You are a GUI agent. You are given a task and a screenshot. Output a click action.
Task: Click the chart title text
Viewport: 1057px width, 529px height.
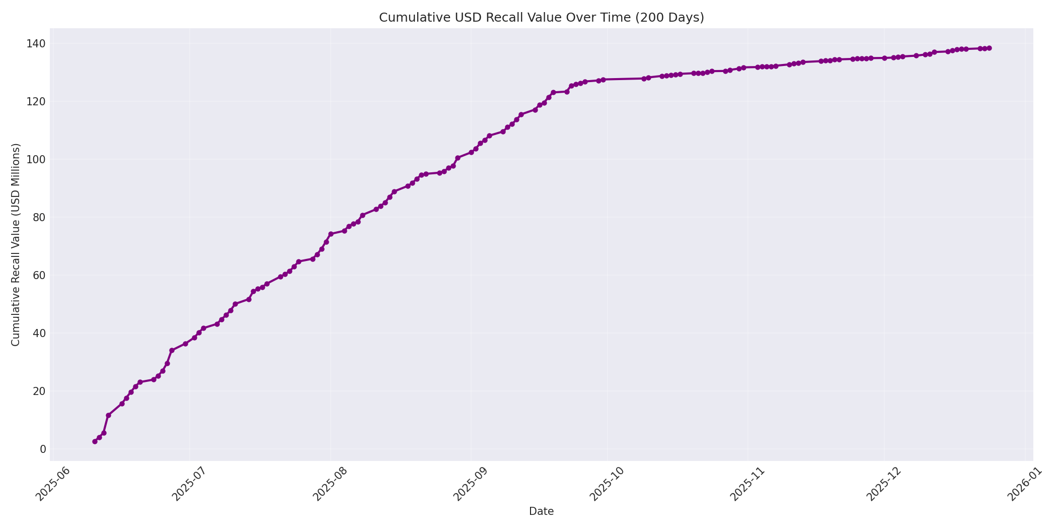(x=541, y=18)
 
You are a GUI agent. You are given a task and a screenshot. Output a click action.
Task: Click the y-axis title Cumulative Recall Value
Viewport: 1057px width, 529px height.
(x=16, y=244)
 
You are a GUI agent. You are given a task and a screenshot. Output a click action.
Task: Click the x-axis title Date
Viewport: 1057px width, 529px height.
(x=541, y=511)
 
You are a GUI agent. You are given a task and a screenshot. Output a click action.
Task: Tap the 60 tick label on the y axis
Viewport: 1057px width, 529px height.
(x=39, y=275)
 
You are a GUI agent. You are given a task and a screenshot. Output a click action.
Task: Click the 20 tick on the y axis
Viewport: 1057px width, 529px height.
(x=39, y=391)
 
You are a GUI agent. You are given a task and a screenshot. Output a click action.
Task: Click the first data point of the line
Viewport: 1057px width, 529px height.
(x=95, y=441)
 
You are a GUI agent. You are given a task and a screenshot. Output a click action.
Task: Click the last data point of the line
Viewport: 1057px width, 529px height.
(x=989, y=48)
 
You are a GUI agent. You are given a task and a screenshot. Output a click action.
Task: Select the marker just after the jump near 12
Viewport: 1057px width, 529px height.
(x=108, y=415)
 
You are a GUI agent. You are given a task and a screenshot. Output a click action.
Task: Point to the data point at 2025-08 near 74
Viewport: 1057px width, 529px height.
(x=331, y=234)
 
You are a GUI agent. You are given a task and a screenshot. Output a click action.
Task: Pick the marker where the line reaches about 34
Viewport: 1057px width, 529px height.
(x=172, y=350)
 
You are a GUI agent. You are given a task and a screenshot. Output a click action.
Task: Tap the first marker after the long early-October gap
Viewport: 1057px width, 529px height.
(x=644, y=79)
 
